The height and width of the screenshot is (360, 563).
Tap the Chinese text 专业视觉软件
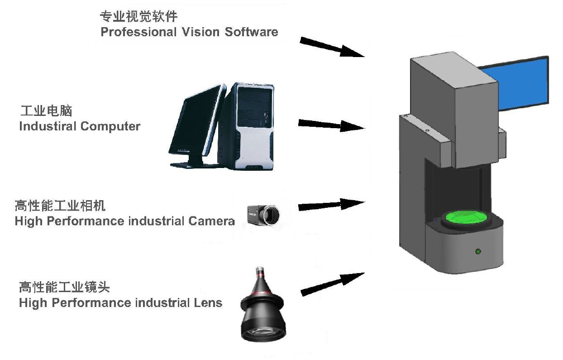pos(138,17)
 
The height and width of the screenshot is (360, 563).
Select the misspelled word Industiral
pos(48,126)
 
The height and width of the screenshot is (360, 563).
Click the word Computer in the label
pos(110,126)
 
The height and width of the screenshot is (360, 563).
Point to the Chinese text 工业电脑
pos(47,110)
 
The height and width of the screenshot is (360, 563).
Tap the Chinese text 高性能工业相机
pos(60,206)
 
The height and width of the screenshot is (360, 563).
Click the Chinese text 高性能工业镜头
pos(64,287)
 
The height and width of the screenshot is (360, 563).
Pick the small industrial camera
pos(262,214)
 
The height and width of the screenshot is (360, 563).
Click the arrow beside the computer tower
pos(331,125)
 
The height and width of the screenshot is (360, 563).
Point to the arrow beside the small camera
pos(331,205)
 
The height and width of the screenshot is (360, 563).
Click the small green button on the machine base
pos(477,251)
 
